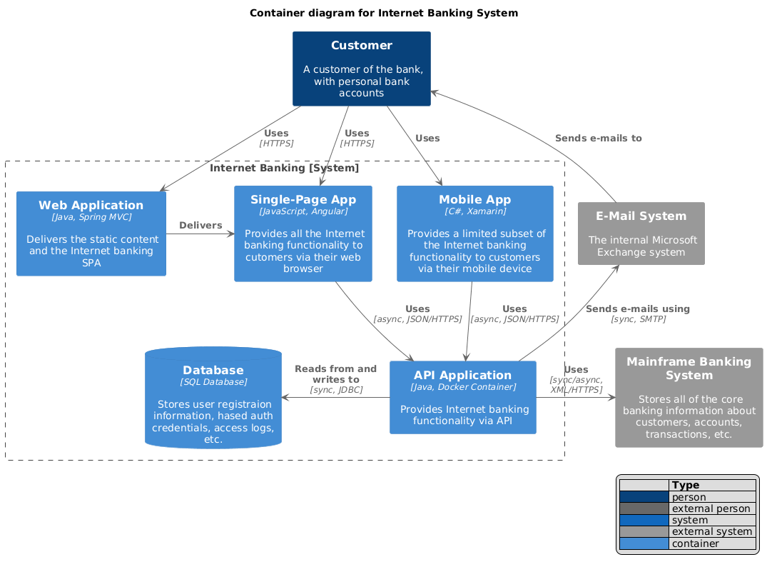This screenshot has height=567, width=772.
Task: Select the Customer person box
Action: point(362,69)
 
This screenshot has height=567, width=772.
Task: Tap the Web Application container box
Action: point(91,234)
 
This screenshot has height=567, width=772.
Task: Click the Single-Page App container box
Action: point(303,234)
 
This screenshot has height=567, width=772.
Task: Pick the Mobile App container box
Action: point(474,234)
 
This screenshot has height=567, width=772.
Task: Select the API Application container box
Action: point(463,397)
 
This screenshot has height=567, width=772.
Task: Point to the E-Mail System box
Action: point(641,234)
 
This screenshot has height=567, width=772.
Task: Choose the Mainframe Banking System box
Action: point(689,398)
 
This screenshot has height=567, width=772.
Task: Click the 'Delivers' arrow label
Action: point(200,226)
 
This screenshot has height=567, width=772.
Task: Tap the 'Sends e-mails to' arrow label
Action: point(598,139)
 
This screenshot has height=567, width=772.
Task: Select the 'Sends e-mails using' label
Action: point(637,309)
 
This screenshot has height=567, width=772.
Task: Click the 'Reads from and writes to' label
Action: point(335,374)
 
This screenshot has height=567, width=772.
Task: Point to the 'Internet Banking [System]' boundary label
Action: point(285,169)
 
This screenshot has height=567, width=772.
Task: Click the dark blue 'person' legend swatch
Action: point(644,497)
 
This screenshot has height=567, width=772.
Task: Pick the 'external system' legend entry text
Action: point(711,531)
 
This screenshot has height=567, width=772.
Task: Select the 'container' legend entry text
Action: point(696,543)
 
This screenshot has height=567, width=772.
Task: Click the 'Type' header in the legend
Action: point(686,485)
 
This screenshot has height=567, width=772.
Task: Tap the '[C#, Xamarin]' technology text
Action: point(474,211)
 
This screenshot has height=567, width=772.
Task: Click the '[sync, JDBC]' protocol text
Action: point(336,390)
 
